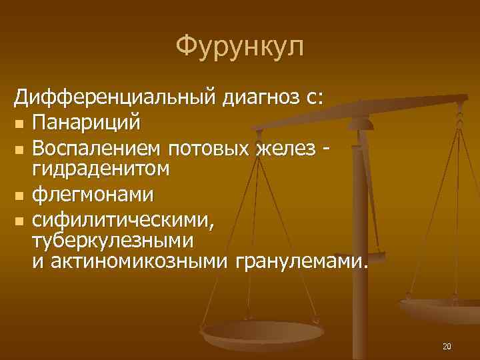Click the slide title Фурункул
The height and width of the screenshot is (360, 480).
point(239,47)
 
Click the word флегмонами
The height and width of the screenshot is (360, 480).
point(93,195)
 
